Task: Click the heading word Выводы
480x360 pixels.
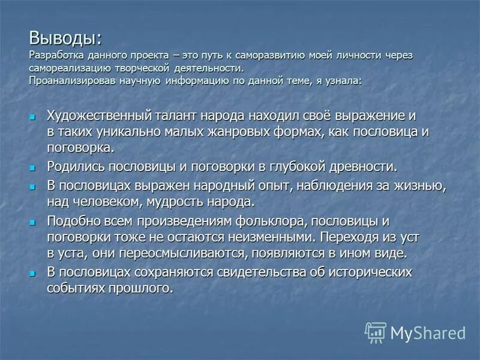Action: point(64,39)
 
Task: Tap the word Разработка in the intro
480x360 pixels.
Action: point(53,55)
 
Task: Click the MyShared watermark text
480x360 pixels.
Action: point(428,333)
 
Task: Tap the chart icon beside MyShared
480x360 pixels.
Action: point(376,333)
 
